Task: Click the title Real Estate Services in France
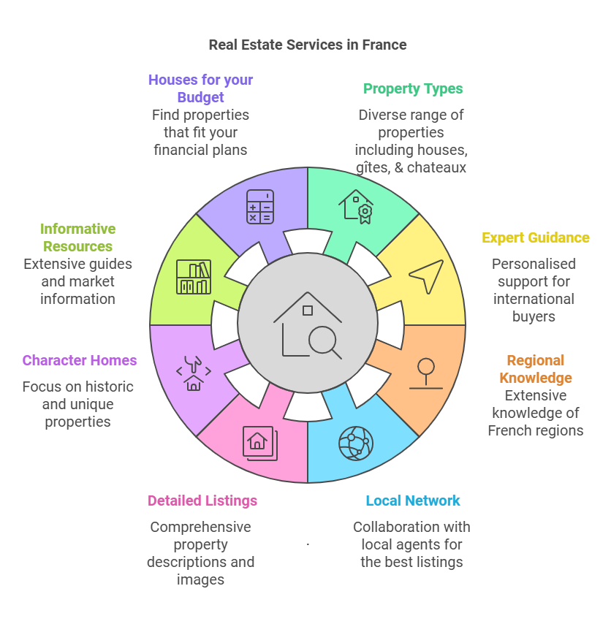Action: coord(307,45)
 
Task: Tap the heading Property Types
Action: coord(413,89)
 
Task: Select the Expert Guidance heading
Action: coord(535,237)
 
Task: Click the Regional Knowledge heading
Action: coord(536,369)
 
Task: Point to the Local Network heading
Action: coord(413,501)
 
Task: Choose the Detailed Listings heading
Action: coord(202,501)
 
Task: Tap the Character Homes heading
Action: coord(80,360)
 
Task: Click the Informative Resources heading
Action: coord(77,237)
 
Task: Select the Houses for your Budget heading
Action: coord(200,88)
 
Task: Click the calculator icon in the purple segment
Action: coord(260,206)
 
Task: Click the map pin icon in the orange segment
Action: coord(425,373)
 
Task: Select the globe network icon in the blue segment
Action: coord(356,443)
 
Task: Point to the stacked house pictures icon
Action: coord(259,443)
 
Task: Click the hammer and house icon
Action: coord(194,373)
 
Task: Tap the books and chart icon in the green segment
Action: coord(194,276)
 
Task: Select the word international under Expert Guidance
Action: coord(534,299)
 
